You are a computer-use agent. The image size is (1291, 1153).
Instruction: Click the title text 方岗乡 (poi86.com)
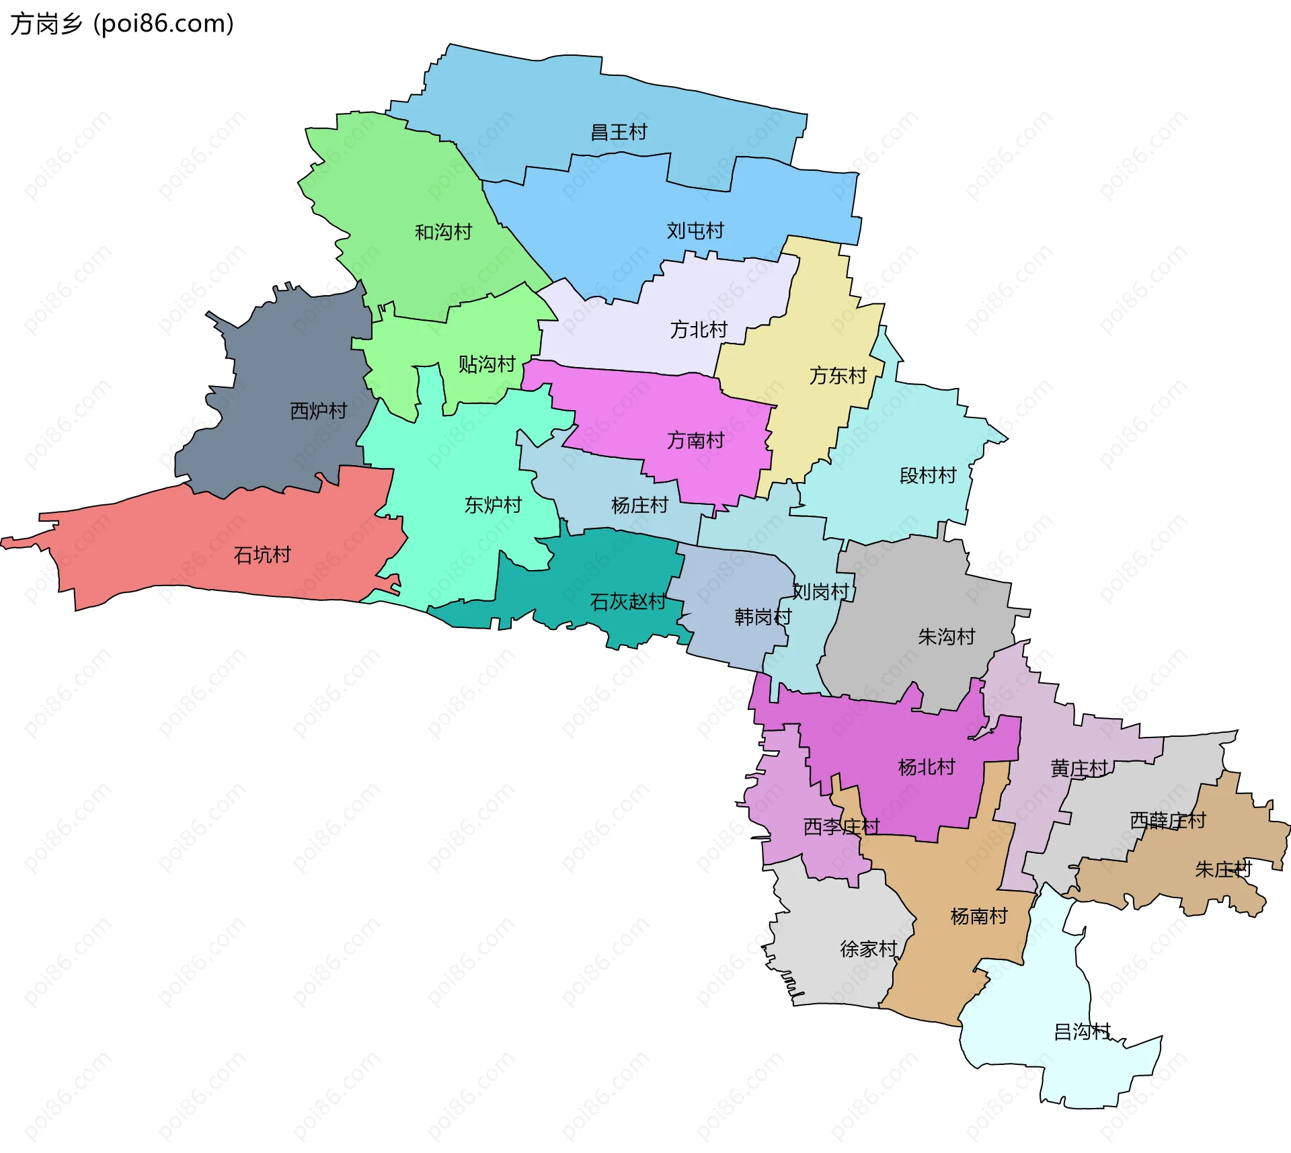[122, 24]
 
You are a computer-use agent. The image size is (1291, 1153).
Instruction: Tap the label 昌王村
[619, 132]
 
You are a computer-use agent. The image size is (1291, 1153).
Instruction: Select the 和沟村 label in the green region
[443, 232]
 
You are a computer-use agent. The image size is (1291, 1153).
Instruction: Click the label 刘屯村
[695, 231]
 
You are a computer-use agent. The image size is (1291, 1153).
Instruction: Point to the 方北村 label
[699, 329]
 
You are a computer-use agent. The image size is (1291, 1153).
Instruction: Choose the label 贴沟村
[487, 364]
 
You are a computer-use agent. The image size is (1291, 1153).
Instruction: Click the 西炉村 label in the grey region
[318, 410]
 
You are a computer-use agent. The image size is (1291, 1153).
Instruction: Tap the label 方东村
[838, 375]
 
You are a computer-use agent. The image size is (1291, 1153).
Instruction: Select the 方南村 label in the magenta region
[695, 440]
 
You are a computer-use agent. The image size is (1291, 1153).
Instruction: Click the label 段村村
[928, 475]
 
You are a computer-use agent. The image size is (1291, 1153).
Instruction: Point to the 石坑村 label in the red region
[262, 555]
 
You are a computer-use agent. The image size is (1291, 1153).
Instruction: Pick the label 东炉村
[493, 505]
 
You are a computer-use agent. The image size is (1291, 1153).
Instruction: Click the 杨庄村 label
[639, 505]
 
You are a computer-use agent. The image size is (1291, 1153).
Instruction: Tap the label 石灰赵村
[628, 601]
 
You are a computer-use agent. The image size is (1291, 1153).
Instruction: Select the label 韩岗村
[762, 617]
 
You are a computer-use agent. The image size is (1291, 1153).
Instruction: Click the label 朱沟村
[947, 636]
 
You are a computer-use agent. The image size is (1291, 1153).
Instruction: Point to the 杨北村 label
[927, 766]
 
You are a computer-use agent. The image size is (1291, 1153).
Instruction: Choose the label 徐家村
[868, 949]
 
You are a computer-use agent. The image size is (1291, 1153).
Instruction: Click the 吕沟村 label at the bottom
[1082, 1031]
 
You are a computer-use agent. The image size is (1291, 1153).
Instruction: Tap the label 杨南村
[979, 916]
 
